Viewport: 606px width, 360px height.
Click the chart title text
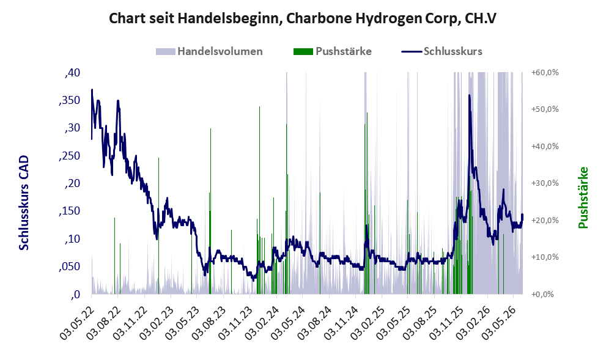coord(303,18)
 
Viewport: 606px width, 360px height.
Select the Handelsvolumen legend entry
coord(209,51)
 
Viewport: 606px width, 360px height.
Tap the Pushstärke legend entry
coord(333,51)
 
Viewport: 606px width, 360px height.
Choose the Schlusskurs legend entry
coord(442,51)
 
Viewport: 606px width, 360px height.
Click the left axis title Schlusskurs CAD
coord(24,202)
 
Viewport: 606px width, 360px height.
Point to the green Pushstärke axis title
coord(583,197)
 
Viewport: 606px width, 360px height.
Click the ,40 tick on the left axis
coord(72,73)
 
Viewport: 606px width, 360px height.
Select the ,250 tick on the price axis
coord(69,156)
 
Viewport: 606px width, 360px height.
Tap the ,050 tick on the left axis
coord(69,266)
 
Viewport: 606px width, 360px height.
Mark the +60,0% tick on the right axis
coord(545,73)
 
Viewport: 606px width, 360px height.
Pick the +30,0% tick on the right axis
coord(545,183)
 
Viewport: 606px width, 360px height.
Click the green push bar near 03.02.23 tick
coord(158,226)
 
